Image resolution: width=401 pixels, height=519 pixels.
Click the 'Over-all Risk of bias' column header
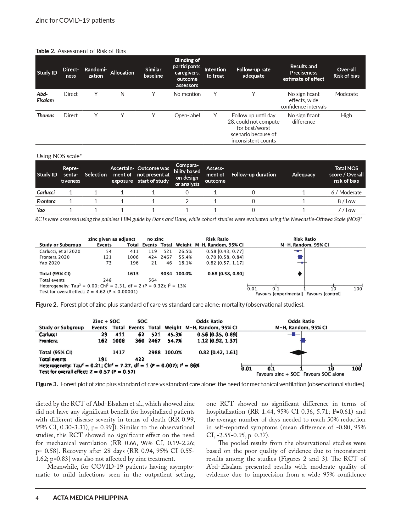pyautogui.click(x=346, y=73)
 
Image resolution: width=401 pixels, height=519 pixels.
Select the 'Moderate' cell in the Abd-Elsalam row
pyautogui.click(x=346, y=94)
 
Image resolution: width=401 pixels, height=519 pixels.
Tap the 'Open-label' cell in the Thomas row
pyautogui.click(x=187, y=115)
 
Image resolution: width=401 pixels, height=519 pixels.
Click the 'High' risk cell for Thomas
pyautogui.click(x=346, y=115)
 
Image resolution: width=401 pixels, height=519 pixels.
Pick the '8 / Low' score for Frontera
pyautogui.click(x=346, y=201)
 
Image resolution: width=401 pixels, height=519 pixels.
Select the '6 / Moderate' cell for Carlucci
pyautogui.click(x=346, y=193)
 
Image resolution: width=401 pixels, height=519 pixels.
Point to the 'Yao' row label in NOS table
pyautogui.click(x=41, y=210)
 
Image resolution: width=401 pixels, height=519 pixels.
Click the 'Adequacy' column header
pyautogui.click(x=304, y=175)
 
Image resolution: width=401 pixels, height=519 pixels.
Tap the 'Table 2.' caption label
pyautogui.click(x=46, y=51)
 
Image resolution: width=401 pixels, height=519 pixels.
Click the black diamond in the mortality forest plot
pyautogui.click(x=300, y=274)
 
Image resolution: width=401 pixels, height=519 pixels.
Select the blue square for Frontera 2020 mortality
pyautogui.click(x=300, y=257)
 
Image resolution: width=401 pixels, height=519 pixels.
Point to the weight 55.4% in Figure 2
pyautogui.click(x=185, y=257)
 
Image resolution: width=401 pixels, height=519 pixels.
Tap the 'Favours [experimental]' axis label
pyautogui.click(x=279, y=294)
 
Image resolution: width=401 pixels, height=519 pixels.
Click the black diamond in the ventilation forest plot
pyautogui.click(x=298, y=352)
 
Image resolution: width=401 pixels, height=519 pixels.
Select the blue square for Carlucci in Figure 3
pyautogui.click(x=294, y=334)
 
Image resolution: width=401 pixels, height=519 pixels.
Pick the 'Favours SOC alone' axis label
pyautogui.click(x=324, y=374)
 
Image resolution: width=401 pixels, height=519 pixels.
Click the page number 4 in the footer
pyautogui.click(x=37, y=498)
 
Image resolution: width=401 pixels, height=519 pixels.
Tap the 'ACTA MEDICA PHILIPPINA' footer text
pyautogui.click(x=90, y=498)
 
